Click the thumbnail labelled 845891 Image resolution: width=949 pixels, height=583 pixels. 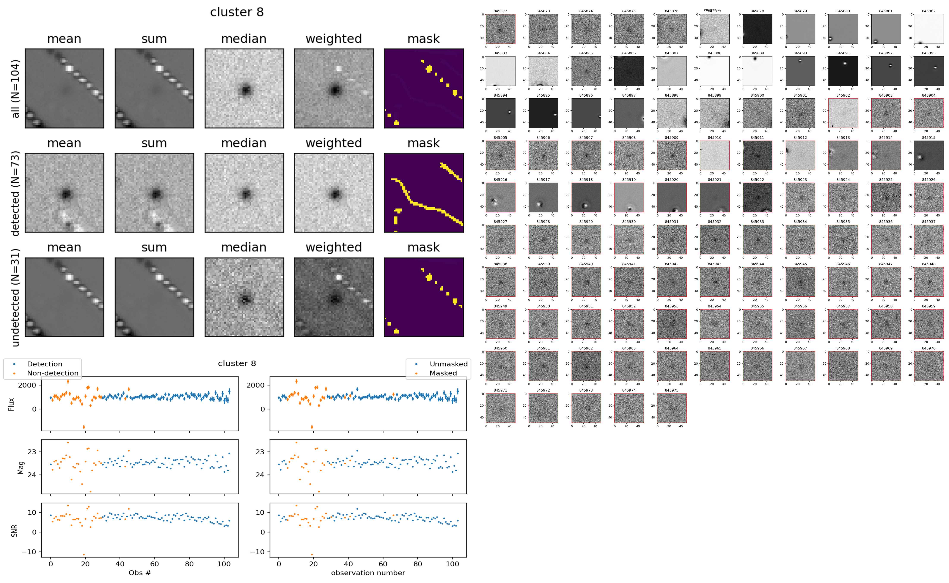[843, 71]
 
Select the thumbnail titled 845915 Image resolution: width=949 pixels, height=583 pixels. [929, 155]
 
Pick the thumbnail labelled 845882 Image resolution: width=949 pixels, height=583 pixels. [929, 29]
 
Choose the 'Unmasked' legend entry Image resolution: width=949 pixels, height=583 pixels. [448, 364]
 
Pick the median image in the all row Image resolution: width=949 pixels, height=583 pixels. [244, 88]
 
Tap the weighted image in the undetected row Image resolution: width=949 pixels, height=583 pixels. [334, 297]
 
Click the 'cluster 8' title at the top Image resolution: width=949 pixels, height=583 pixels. [237, 12]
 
